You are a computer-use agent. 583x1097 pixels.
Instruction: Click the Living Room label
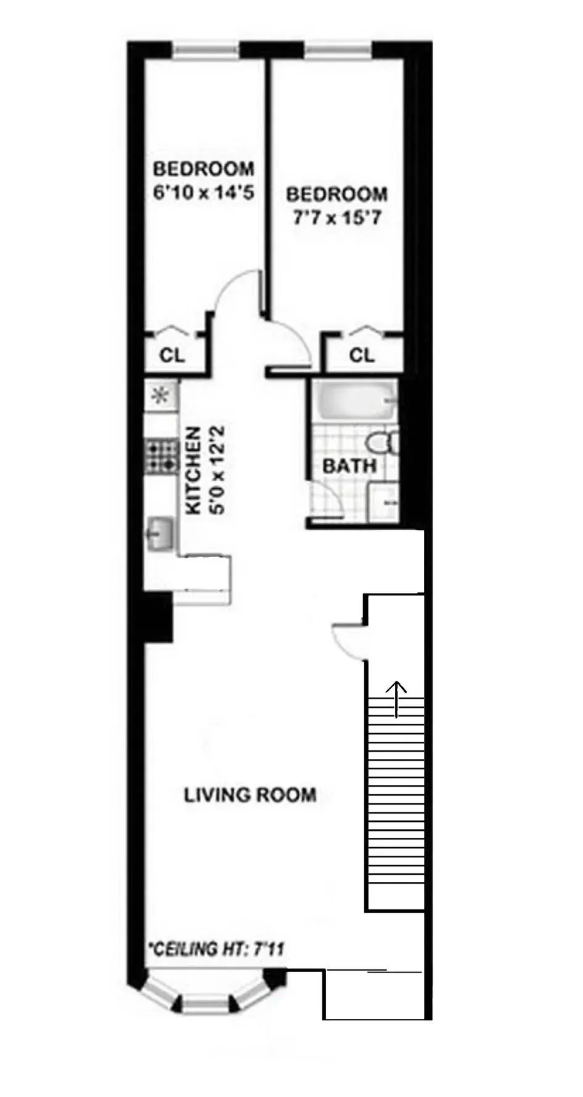tap(250, 795)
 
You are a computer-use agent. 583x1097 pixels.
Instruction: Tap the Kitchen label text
tap(194, 471)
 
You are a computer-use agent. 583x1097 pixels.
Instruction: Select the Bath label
tap(349, 466)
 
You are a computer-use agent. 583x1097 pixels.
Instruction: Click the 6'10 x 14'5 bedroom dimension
tap(203, 193)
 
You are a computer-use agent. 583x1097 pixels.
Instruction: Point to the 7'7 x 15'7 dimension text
tap(336, 218)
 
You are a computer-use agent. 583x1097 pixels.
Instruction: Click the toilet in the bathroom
tap(382, 443)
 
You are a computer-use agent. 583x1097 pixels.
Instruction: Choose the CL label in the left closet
tap(172, 355)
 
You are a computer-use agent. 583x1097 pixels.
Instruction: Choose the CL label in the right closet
tap(362, 355)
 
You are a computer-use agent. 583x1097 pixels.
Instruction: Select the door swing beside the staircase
tap(348, 640)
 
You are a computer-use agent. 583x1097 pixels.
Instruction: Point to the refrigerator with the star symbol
tap(161, 395)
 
